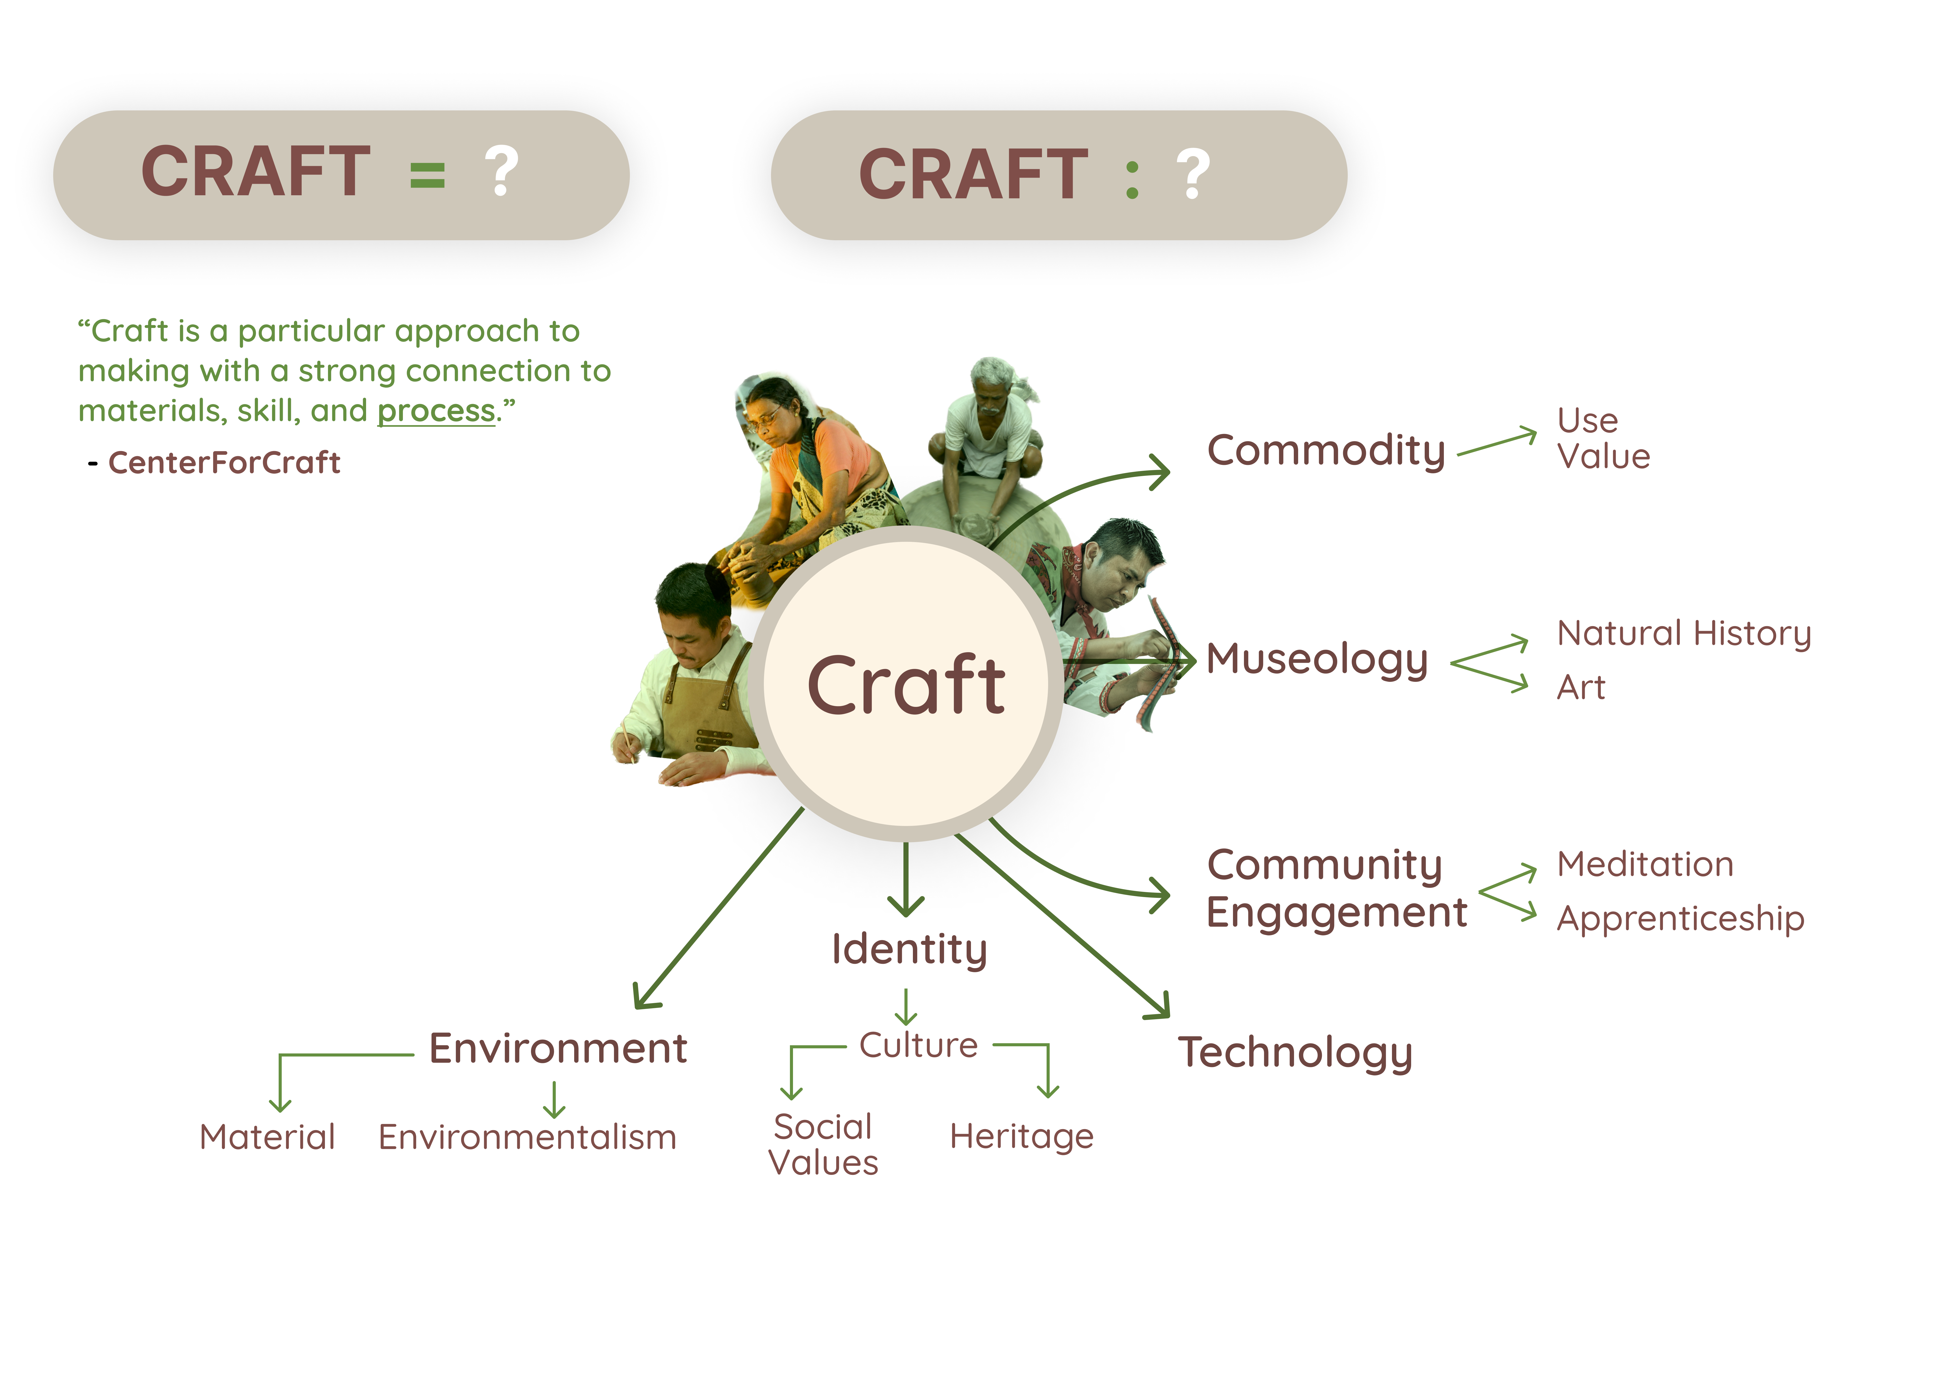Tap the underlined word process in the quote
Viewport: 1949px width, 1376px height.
point(435,411)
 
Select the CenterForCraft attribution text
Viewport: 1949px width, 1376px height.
point(224,463)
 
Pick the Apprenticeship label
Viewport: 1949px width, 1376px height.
point(1680,919)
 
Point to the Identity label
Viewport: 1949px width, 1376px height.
point(909,949)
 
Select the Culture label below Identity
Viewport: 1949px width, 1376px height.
point(919,1045)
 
